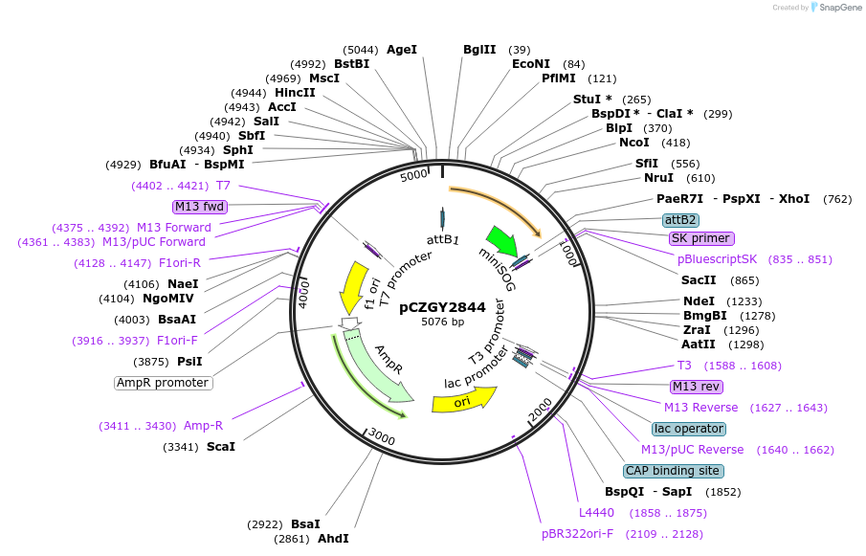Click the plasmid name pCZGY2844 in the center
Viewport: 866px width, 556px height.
click(442, 307)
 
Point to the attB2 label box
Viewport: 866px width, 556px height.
click(680, 219)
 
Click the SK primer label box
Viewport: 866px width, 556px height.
click(701, 238)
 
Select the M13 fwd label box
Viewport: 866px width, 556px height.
click(199, 206)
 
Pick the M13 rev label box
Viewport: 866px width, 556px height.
click(697, 387)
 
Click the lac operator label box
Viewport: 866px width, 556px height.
click(689, 429)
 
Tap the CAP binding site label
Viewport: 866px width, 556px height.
click(672, 471)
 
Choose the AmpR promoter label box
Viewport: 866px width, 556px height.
click(163, 383)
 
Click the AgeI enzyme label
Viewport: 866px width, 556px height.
click(402, 50)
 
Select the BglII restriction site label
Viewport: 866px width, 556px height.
click(479, 50)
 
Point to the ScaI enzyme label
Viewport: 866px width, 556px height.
click(220, 447)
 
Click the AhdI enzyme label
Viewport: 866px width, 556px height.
click(333, 539)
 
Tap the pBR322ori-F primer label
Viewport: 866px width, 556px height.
click(578, 533)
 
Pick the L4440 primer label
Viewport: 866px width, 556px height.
click(596, 513)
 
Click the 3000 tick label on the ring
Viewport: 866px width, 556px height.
click(382, 437)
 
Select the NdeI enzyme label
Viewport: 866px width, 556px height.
click(699, 300)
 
